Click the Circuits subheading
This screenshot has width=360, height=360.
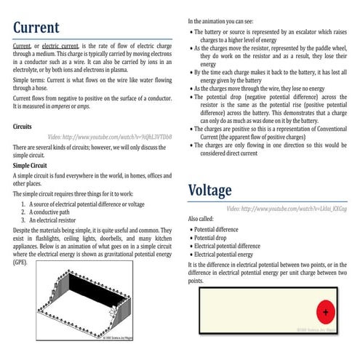(x=25, y=126)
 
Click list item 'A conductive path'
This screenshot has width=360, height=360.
(x=55, y=212)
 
